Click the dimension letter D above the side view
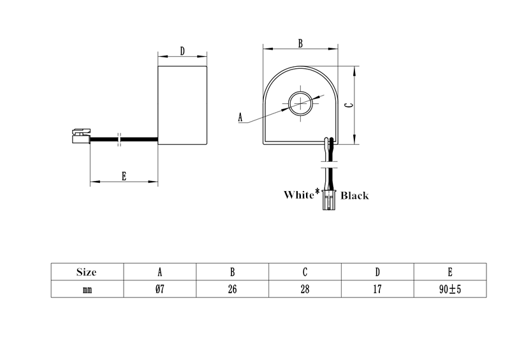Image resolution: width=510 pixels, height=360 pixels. [x=182, y=52]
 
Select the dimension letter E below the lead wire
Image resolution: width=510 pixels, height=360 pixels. [x=124, y=176]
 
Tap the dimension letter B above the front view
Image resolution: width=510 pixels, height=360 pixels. [x=300, y=43]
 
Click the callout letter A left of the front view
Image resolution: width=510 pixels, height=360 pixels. [x=240, y=117]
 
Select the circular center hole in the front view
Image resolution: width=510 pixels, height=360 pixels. [x=300, y=103]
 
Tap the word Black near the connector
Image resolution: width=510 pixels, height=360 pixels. [x=354, y=196]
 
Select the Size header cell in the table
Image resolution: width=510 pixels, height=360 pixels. [x=86, y=272]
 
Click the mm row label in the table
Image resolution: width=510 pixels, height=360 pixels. [x=86, y=289]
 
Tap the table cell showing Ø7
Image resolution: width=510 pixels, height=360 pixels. [x=159, y=289]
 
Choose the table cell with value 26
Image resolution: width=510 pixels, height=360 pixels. [x=232, y=289]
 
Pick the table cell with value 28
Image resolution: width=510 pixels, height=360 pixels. [x=305, y=289]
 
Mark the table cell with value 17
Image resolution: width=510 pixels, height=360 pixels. [x=377, y=289]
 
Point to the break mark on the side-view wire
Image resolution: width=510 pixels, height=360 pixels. [x=119, y=139]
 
